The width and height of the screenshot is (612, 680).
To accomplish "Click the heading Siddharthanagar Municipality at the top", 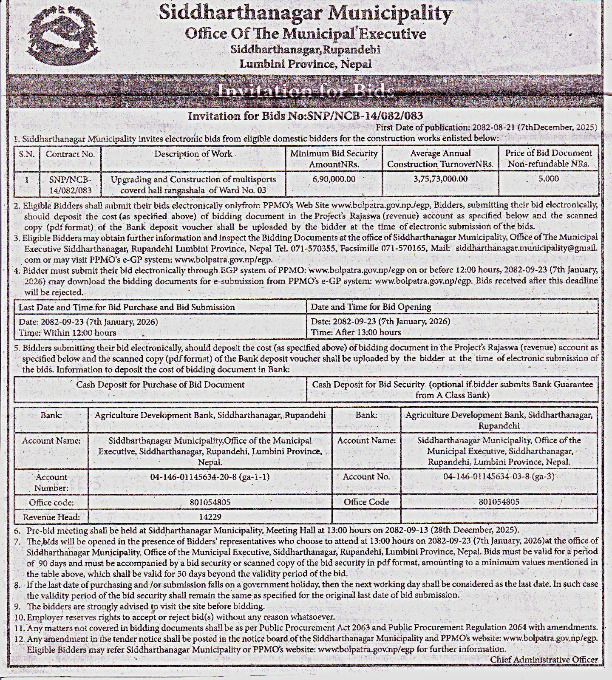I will pyautogui.click(x=305, y=14).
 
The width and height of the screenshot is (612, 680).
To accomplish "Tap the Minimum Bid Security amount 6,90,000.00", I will pyautogui.click(x=334, y=179).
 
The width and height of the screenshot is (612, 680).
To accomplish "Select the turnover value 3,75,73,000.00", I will pyautogui.click(x=440, y=179).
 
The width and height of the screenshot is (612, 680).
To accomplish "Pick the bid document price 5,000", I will pyautogui.click(x=548, y=179).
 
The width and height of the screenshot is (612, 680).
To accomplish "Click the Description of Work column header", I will pyautogui.click(x=193, y=154).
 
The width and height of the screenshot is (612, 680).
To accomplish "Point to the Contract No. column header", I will pyautogui.click(x=70, y=154).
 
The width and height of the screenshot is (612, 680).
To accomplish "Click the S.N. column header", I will pyautogui.click(x=26, y=154).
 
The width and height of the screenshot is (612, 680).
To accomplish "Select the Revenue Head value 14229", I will pyautogui.click(x=210, y=517).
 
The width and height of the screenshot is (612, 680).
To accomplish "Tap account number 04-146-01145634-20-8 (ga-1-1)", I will pyautogui.click(x=210, y=477).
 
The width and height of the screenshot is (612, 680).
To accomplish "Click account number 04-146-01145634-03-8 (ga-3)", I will pyautogui.click(x=499, y=476).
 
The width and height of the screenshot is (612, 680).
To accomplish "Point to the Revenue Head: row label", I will pyautogui.click(x=51, y=517).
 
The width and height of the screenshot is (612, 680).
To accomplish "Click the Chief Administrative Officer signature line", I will pyautogui.click(x=544, y=660).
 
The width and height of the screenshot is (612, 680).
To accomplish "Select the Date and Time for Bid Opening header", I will pyautogui.click(x=371, y=307).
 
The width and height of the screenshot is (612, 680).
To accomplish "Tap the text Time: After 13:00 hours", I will pyautogui.click(x=356, y=332).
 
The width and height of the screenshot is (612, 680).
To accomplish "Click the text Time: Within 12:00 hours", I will pyautogui.click(x=67, y=332).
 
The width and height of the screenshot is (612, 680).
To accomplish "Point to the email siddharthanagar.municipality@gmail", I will pyautogui.click(x=526, y=248).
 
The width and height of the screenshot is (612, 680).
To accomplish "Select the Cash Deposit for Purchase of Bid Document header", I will pyautogui.click(x=160, y=385).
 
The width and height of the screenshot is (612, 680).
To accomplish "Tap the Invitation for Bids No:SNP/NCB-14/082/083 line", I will pyautogui.click(x=305, y=116).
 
